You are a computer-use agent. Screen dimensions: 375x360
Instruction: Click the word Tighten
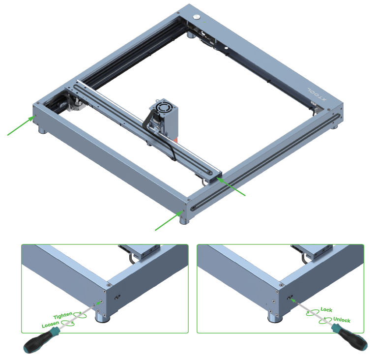[x=62, y=316]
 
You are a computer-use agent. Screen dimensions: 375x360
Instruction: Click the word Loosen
[x=50, y=325]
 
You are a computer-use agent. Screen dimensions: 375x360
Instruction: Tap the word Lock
[x=326, y=310]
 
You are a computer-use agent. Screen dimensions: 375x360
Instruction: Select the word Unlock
[x=342, y=320]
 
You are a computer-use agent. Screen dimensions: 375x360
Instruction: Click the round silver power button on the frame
[x=197, y=17]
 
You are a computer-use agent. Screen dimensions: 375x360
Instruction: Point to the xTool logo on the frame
[x=317, y=94]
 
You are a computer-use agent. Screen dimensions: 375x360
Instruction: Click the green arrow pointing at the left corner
[x=22, y=125]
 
